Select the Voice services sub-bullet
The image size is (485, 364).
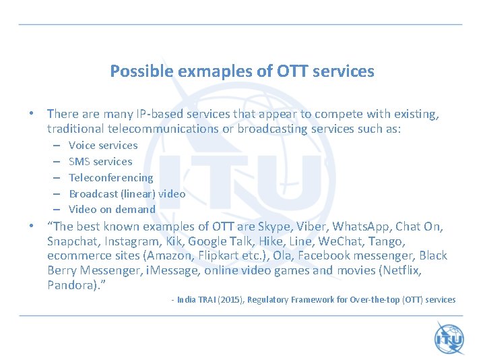103,145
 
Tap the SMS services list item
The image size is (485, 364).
100,161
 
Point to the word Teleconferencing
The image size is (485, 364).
111,177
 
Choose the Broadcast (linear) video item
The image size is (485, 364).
127,193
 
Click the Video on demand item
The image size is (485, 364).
112,209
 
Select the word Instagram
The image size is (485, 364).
133,241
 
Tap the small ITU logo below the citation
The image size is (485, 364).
448,337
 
